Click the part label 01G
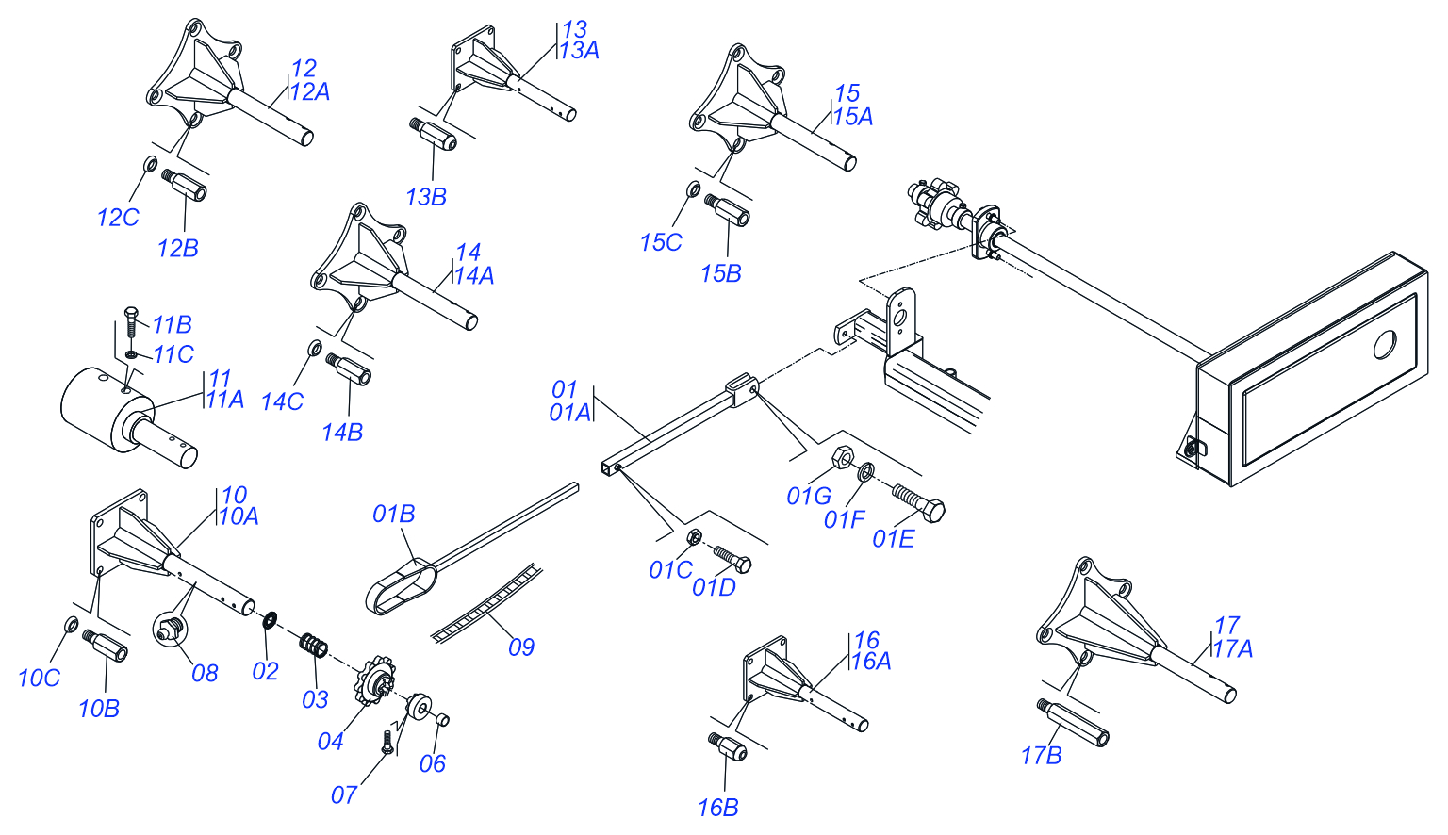pyautogui.click(x=808, y=496)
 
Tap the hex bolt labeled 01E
pyautogui.click(x=919, y=501)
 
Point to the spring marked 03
pyautogui.click(x=314, y=647)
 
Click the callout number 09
pyautogui.click(x=521, y=647)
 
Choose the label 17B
pyautogui.click(x=1041, y=756)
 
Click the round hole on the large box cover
pyautogui.click(x=1385, y=344)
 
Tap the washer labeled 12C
pyautogui.click(x=150, y=166)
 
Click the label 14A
pyautogui.click(x=474, y=276)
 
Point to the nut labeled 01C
pyautogui.click(x=692, y=537)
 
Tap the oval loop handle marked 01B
pyautogui.click(x=401, y=585)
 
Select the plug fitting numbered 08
pyautogui.click(x=168, y=629)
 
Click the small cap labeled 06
pyautogui.click(x=442, y=721)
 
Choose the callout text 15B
pyautogui.click(x=720, y=274)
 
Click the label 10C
pyautogui.click(x=39, y=679)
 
